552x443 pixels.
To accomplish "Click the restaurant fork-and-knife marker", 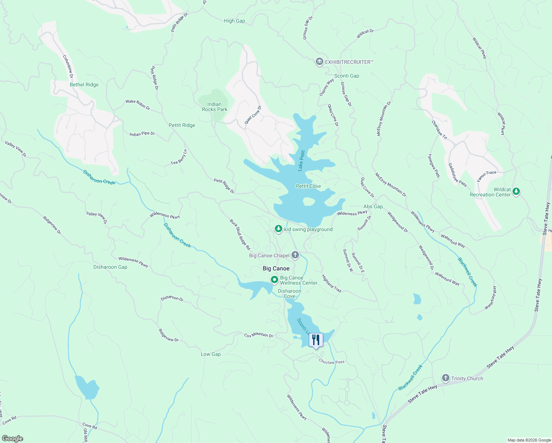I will [x=315, y=340].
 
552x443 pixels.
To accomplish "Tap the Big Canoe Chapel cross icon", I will [x=295, y=255].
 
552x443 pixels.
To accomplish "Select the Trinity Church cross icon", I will [x=446, y=378].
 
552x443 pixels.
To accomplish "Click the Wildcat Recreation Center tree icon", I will [x=517, y=191].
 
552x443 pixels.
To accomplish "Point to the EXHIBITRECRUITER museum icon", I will [x=320, y=62].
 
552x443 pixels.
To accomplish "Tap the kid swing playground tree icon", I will [x=279, y=229].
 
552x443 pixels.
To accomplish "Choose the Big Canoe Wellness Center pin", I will [x=274, y=280].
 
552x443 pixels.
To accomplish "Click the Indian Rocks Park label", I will [x=214, y=107].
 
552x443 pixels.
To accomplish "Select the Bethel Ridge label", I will [x=84, y=85].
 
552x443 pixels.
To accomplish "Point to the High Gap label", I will [x=234, y=21].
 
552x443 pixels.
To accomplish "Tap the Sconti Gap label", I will [x=346, y=76].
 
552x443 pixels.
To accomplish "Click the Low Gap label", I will [x=211, y=354].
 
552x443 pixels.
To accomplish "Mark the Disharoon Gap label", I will [x=110, y=267].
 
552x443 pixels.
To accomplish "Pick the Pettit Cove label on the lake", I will [x=308, y=186].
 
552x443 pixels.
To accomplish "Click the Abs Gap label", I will [x=373, y=206].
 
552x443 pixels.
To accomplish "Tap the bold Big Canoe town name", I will [x=276, y=268].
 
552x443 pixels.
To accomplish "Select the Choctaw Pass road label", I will [x=331, y=362].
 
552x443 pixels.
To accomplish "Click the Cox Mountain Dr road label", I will [x=258, y=335].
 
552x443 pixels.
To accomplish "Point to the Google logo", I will [x=13, y=438].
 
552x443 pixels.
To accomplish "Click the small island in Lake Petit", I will [x=308, y=201].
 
